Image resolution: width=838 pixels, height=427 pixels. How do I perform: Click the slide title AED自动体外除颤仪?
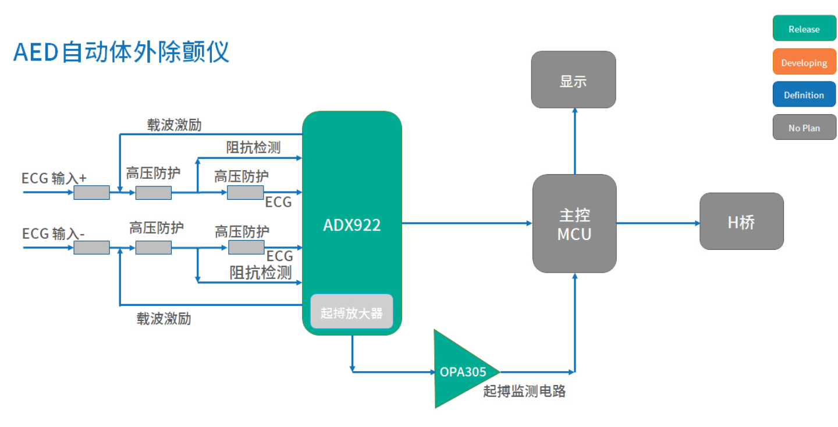coord(121,52)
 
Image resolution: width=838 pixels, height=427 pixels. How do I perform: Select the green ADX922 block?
coord(351,224)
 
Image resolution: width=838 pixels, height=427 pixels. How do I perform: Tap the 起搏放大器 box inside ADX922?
coord(351,312)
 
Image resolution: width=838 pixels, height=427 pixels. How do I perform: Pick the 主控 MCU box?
coord(574,224)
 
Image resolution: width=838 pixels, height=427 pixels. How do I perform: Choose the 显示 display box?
coord(573,80)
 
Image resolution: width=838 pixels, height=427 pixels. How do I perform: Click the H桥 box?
coord(741,221)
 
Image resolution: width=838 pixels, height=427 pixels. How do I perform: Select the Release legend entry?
coord(804,29)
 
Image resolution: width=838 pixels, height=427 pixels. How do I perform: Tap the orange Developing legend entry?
coord(804,62)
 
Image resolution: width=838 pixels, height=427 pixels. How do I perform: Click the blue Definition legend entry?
coord(804,95)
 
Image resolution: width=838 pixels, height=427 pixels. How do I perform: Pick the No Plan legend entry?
coord(804,128)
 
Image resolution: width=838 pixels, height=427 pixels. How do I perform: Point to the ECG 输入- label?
coord(54,234)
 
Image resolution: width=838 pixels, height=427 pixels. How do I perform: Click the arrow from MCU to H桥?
coord(658,223)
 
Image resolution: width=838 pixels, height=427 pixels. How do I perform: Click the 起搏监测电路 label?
coord(524,391)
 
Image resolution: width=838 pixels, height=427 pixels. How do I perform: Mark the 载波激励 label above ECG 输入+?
coord(174,125)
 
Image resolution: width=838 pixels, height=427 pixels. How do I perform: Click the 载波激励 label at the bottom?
coord(164,319)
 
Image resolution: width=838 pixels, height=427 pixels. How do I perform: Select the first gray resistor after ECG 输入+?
coord(91,192)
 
